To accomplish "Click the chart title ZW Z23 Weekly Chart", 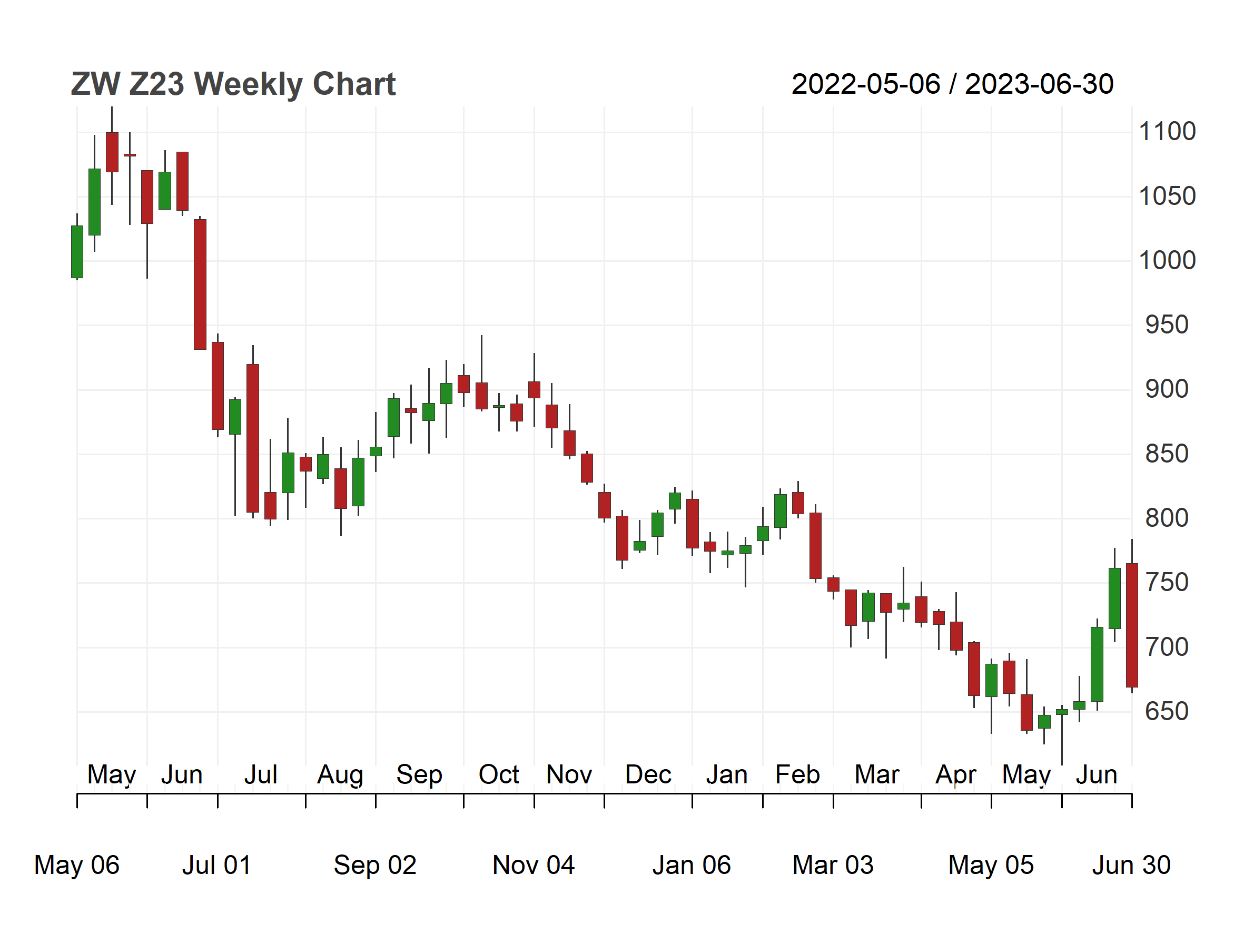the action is point(233,84).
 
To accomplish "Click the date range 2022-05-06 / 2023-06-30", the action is point(952,84).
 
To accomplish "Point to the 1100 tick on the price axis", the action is point(1167,132).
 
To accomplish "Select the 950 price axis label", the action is point(1167,325).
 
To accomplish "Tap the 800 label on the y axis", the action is point(1167,518).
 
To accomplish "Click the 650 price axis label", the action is point(1167,711).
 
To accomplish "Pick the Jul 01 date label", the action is point(216,865).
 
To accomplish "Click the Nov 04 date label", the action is point(534,865).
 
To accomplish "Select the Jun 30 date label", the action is point(1131,865).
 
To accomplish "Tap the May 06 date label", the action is point(77,865).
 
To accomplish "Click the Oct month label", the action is point(499,774).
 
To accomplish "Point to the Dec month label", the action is point(648,774).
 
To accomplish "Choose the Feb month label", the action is point(797,774).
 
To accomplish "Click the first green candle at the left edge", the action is point(77,252).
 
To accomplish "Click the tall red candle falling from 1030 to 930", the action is point(200,284).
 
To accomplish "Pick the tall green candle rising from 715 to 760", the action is point(1114,598).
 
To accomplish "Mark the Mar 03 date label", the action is point(833,865).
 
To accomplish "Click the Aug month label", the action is point(340,775).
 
